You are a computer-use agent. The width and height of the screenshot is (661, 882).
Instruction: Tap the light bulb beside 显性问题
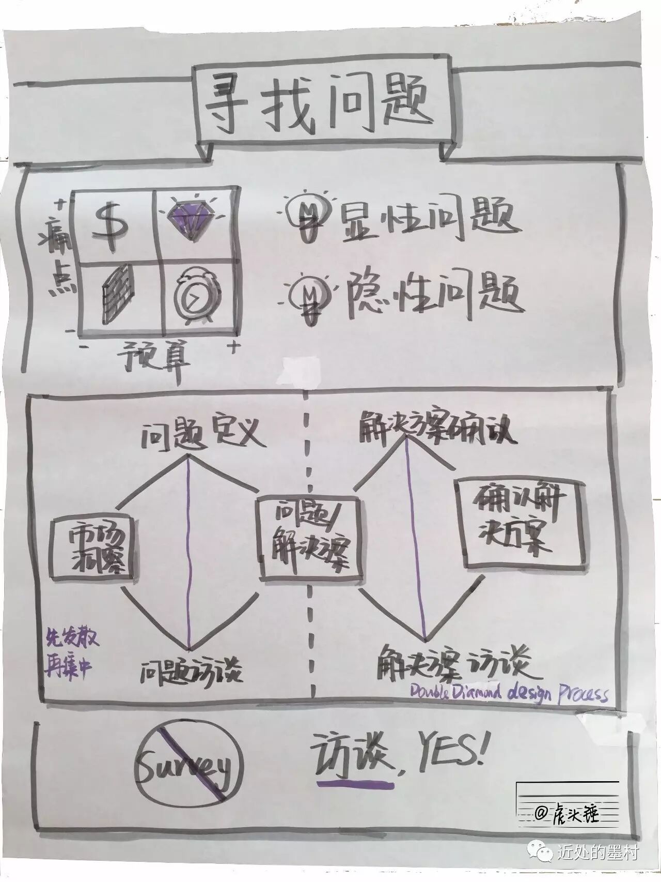(x=309, y=216)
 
